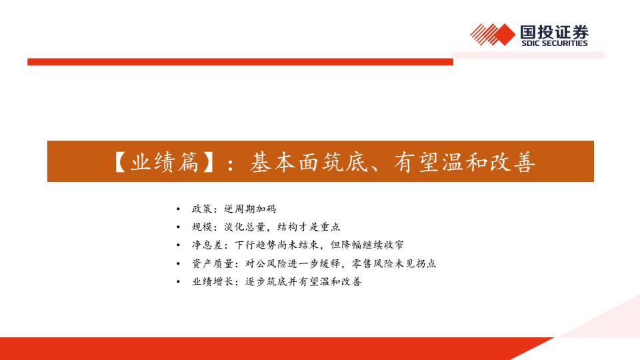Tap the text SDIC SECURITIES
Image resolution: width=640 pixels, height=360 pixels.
[x=554, y=43]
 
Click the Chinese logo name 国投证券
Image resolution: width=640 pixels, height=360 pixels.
[x=554, y=32]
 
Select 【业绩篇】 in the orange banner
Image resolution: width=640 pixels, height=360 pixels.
[x=163, y=161]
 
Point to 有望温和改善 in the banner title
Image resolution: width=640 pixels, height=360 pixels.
[x=465, y=161]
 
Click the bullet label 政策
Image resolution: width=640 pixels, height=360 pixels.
[x=202, y=209]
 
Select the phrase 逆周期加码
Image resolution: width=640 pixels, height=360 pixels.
[x=250, y=209]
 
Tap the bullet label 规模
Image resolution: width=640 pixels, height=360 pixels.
[x=202, y=227]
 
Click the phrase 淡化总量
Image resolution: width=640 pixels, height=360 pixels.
[x=245, y=227]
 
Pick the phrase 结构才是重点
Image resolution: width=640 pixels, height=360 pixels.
[x=309, y=227]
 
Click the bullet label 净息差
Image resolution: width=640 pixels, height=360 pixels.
[x=207, y=245]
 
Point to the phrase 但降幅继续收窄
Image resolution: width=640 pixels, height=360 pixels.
[x=367, y=245]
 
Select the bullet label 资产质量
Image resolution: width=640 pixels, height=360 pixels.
[x=213, y=263]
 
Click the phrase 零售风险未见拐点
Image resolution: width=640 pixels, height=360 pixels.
[x=393, y=263]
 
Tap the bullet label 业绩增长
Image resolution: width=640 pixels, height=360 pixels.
[x=213, y=281]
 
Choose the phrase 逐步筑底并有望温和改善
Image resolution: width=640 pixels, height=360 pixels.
[x=303, y=281]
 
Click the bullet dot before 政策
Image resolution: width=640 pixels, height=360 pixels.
[x=178, y=209]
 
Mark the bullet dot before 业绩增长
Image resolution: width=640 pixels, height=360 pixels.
[x=178, y=282]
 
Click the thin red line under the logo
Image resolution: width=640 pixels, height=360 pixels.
[x=240, y=61]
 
